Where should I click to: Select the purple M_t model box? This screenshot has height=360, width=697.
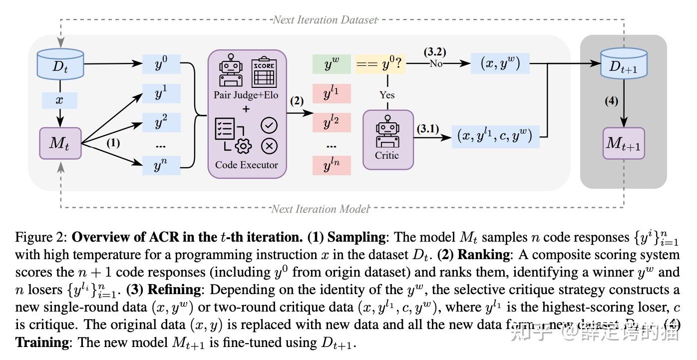pos(60,143)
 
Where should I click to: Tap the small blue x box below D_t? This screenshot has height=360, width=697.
pos(59,100)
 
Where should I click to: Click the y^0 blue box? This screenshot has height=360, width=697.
pos(161,64)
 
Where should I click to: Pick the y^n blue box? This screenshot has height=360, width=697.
pos(161,165)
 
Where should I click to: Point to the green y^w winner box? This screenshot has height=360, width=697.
pos(332,64)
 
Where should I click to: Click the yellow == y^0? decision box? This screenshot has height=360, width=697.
pos(380,64)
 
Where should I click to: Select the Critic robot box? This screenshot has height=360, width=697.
pos(387,140)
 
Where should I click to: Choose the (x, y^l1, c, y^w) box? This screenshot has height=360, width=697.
pos(496,136)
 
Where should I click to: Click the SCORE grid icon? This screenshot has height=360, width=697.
pos(264,72)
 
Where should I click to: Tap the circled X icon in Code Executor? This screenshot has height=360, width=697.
pos(270,145)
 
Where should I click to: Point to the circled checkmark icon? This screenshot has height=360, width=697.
pos(270,125)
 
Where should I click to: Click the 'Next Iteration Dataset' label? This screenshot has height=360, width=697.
pos(325,20)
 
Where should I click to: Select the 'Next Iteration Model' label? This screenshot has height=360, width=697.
pos(320,209)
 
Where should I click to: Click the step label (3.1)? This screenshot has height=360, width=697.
pos(427,129)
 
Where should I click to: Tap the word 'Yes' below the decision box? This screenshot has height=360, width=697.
pos(386,95)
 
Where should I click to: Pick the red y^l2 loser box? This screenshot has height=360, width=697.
pos(332,121)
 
